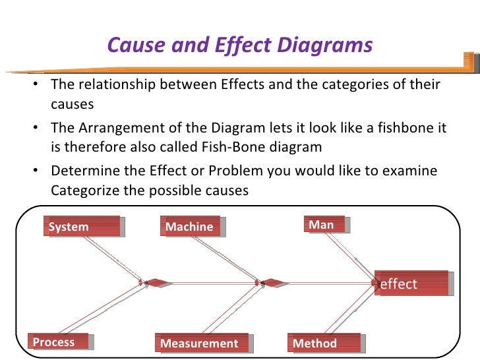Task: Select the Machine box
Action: [192, 227]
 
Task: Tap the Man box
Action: [326, 225]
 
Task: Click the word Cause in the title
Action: [136, 45]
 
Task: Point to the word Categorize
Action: [84, 191]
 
